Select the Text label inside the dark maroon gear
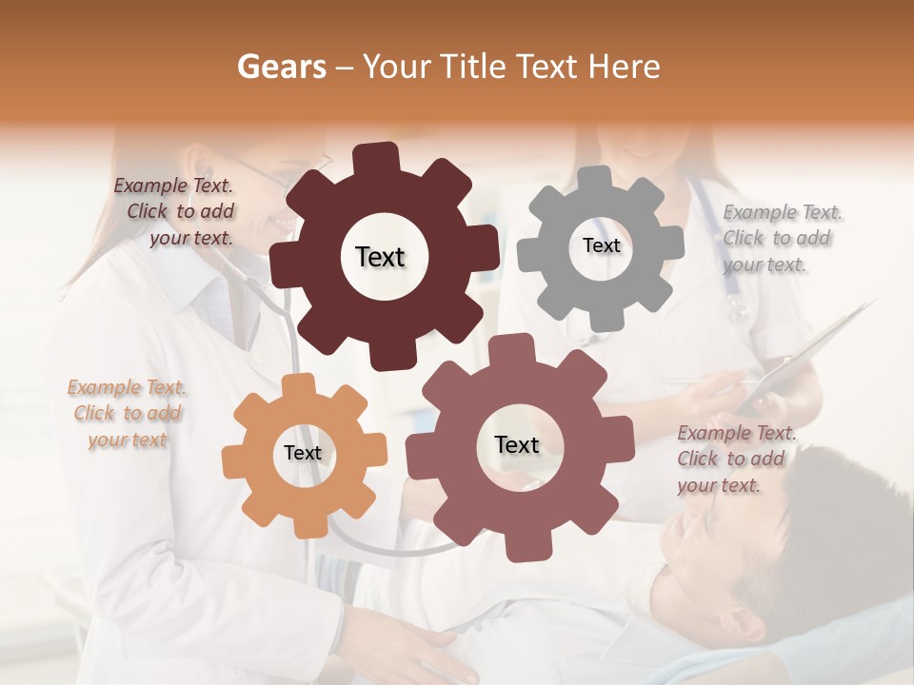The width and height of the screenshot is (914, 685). click(x=380, y=257)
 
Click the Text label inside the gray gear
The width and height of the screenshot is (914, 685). click(x=601, y=245)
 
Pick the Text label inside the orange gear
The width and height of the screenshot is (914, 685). click(x=303, y=453)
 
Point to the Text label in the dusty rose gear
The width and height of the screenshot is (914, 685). click(x=517, y=444)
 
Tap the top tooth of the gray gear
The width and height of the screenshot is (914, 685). click(x=596, y=179)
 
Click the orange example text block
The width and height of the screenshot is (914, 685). click(x=127, y=413)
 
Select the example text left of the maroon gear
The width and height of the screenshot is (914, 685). click(x=177, y=211)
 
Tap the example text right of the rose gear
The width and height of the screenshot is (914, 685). click(x=733, y=459)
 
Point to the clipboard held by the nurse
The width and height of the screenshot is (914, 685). click(x=809, y=352)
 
